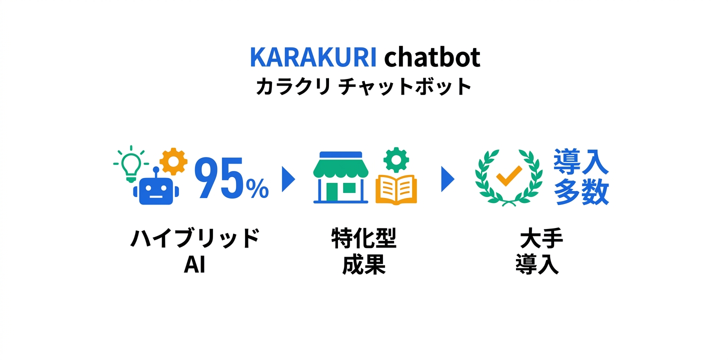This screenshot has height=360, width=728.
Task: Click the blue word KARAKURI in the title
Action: click(312, 58)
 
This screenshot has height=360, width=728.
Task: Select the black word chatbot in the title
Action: click(432, 58)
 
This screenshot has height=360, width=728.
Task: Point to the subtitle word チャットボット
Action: click(405, 87)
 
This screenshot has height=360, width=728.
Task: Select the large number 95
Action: click(219, 179)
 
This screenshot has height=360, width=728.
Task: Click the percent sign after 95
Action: click(257, 188)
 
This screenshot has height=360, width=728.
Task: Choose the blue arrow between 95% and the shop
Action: click(288, 178)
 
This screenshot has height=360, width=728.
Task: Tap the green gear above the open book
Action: click(396, 159)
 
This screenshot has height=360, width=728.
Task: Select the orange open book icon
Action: click(396, 190)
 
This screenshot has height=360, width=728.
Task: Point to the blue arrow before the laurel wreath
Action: click(447, 178)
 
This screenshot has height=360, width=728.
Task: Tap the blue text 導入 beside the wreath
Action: click(581, 163)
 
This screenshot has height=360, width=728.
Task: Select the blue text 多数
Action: click(581, 192)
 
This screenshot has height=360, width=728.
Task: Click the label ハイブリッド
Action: click(195, 238)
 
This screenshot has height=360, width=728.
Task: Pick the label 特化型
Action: click(363, 238)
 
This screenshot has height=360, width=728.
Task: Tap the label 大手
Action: click(541, 238)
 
